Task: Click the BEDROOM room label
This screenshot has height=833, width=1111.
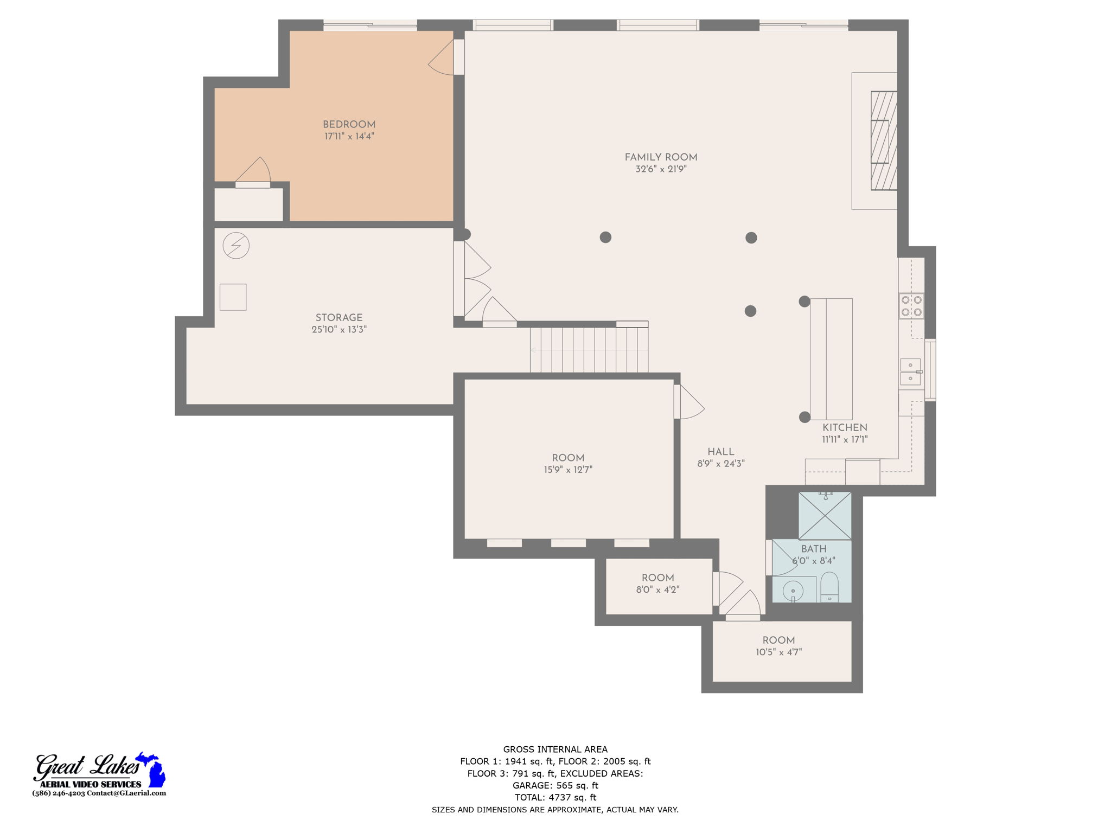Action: [x=349, y=125]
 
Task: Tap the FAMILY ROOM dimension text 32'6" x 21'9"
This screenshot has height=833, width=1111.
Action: [x=661, y=169]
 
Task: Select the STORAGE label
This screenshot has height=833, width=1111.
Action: [x=339, y=318]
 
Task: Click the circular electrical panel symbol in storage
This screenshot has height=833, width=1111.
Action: [x=236, y=246]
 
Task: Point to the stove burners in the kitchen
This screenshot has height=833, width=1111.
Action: [x=911, y=306]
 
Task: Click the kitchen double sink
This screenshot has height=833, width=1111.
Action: [x=910, y=371]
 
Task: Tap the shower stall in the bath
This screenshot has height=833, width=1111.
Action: [x=825, y=516]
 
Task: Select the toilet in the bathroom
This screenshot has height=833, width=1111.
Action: [x=829, y=587]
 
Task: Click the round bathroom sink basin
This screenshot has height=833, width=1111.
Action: [x=793, y=590]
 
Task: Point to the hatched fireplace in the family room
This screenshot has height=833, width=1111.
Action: [x=883, y=140]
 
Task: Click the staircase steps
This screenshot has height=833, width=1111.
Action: [x=589, y=350]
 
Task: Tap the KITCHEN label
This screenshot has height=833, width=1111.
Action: [x=845, y=427]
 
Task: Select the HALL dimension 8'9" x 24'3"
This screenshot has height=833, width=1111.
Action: [x=720, y=464]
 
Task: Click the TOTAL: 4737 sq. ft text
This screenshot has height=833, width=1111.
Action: [x=555, y=797]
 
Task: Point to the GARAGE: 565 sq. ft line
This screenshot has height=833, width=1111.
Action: [x=555, y=785]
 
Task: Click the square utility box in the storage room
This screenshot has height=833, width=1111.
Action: [x=233, y=297]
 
